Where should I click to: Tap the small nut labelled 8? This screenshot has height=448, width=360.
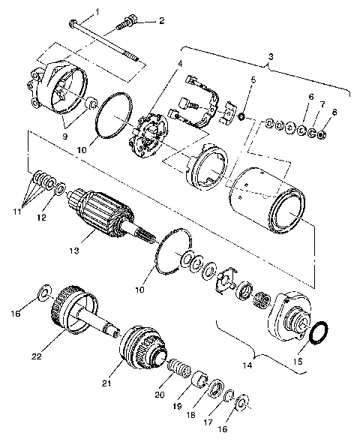coord(320,135)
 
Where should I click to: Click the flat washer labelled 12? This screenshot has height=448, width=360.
coord(60,186)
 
